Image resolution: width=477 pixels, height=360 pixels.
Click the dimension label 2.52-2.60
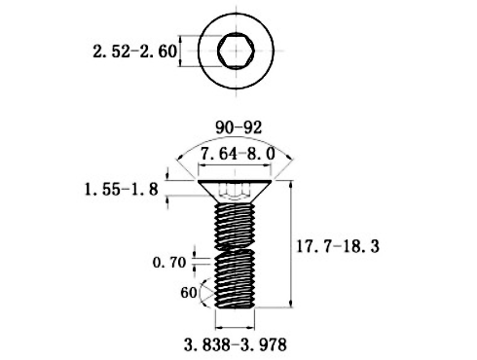[135, 52]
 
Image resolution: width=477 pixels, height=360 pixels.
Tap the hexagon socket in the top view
[234, 50]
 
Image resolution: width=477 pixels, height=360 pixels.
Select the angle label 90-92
[234, 126]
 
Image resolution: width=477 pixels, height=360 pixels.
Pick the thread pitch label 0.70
[169, 262]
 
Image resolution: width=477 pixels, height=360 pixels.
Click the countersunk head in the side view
[234, 189]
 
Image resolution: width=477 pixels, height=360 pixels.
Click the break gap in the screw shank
[234, 247]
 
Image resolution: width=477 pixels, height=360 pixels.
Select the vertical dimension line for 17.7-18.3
[292, 243]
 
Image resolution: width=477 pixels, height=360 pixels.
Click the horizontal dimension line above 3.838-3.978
[234, 326]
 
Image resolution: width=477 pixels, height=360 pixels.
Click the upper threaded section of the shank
[234, 220]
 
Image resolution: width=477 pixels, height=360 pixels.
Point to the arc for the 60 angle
[201, 291]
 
